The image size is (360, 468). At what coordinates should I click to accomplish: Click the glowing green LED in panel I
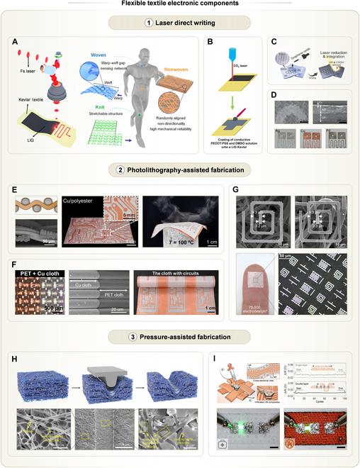(x=246, y=426)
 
